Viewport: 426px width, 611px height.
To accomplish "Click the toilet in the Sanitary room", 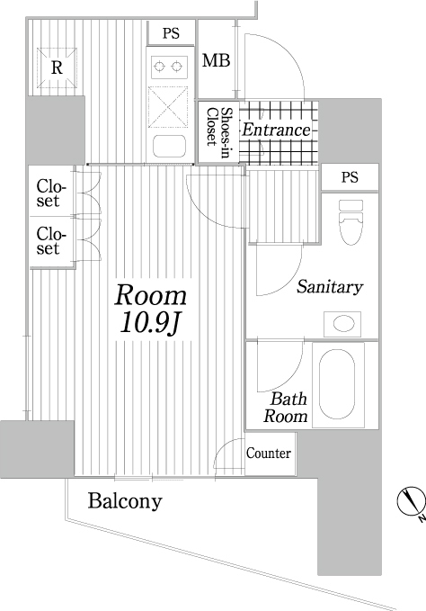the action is tap(351, 222).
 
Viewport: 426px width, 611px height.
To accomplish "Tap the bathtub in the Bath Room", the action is tap(337, 384).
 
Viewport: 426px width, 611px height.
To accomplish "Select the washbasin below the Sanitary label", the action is tap(342, 324).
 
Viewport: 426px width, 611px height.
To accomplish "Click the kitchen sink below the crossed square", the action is tap(169, 146).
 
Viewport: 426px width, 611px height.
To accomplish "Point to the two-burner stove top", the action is tap(168, 67).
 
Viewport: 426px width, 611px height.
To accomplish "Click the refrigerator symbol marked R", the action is tap(57, 67).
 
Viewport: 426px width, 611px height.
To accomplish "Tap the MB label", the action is tap(216, 60).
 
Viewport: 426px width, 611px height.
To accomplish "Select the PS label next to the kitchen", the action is tap(171, 33).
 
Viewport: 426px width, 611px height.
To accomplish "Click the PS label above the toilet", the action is tap(350, 177).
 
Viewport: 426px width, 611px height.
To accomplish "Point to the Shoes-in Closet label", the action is tap(217, 131).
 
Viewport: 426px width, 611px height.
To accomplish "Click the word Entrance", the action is tap(277, 130).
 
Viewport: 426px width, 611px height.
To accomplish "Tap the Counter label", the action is tap(269, 454).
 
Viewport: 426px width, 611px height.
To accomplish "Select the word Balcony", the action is tap(125, 501).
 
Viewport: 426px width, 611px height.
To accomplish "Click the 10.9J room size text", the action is tap(150, 323).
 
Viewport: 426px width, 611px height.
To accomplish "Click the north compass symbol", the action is tap(411, 501).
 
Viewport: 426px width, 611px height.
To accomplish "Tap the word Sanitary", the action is tap(330, 287).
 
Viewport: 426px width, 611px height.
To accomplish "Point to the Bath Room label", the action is tap(286, 408).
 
